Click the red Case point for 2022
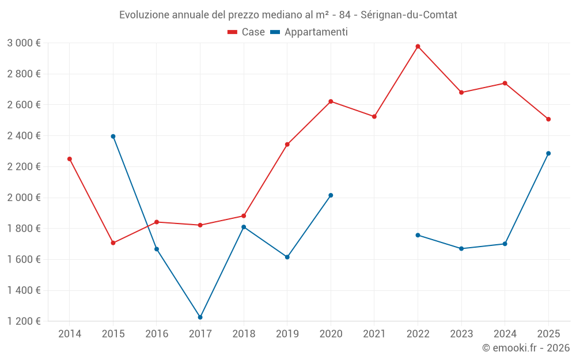tap(418, 46)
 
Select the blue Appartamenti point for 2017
tap(200, 317)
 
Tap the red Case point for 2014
tap(70, 159)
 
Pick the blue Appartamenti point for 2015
tap(113, 137)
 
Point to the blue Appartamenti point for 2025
tap(548, 153)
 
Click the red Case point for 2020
tap(331, 101)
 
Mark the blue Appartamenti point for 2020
tap(331, 195)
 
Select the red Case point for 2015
tap(113, 243)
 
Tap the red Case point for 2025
tap(548, 119)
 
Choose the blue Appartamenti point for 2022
tap(418, 235)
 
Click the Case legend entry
tap(247, 32)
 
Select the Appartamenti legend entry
tap(309, 32)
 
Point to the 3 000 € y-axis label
tap(24, 43)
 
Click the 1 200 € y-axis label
tap(24, 321)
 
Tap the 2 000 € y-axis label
tap(24, 198)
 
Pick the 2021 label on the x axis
tap(374, 334)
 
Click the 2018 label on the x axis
tap(244, 334)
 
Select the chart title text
tap(288, 15)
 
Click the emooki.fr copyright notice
tap(526, 348)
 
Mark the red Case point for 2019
tap(287, 145)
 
